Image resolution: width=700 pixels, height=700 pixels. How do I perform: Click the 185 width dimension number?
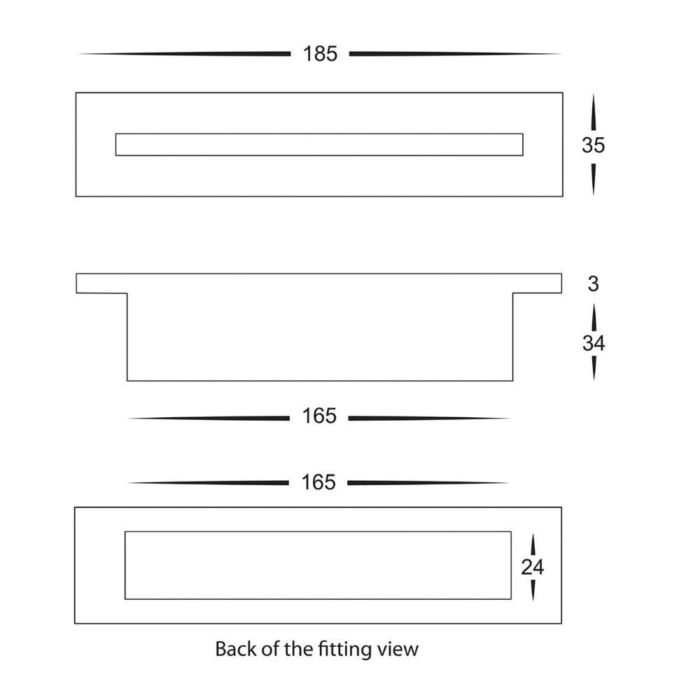[321, 54]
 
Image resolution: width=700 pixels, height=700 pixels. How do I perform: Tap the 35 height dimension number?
[593, 145]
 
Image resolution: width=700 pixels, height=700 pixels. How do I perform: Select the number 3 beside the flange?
[594, 284]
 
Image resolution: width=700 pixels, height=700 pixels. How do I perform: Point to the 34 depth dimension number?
[594, 343]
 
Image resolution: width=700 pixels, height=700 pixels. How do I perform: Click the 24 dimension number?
[533, 567]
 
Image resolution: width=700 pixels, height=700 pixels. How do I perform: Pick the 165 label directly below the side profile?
[320, 417]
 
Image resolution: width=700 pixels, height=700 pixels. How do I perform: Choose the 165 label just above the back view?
[319, 482]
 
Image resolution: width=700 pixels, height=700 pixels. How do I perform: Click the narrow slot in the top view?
[319, 144]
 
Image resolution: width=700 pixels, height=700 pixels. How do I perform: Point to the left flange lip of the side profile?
[101, 283]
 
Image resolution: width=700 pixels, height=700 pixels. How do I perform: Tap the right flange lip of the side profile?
[538, 283]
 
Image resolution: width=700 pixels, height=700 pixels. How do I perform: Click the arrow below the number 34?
[594, 368]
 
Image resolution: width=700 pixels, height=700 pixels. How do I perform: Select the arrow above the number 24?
[533, 545]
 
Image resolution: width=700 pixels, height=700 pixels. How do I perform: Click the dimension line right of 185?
[455, 54]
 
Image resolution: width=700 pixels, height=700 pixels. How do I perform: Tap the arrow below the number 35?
[593, 178]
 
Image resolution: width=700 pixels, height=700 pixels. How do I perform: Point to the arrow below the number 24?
[533, 589]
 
